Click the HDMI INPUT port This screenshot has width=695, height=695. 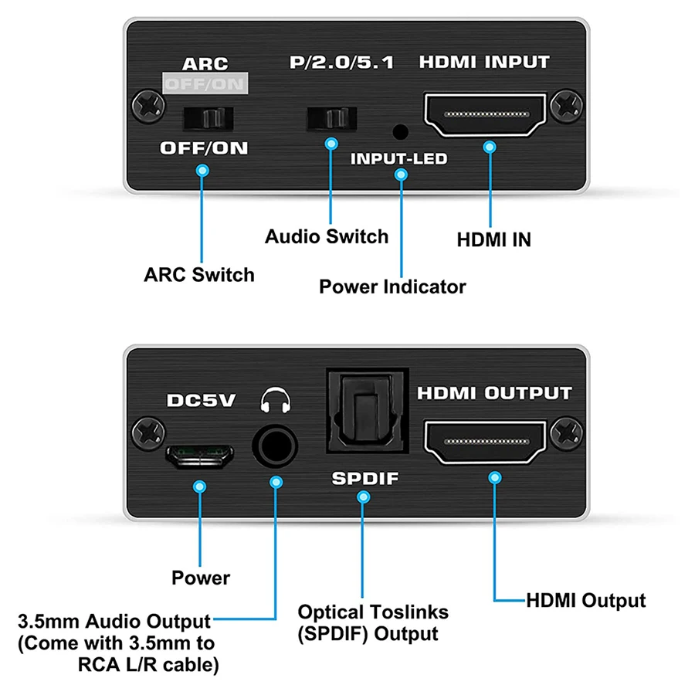tap(484, 114)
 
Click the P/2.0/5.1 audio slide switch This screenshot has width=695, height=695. tap(332, 117)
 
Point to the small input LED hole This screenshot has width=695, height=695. tap(400, 132)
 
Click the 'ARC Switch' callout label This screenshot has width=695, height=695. tap(199, 274)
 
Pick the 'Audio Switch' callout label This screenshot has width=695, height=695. tap(327, 236)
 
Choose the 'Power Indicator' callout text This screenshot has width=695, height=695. tap(392, 286)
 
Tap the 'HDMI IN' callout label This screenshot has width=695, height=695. tap(493, 239)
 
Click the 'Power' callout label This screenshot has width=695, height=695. tap(200, 577)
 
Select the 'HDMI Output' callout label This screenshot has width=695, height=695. tap(585, 600)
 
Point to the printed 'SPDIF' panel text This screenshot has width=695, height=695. tap(364, 479)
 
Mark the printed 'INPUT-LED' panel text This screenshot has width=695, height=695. tap(399, 159)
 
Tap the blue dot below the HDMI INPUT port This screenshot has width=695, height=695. tap(489, 146)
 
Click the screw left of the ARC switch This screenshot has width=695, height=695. tap(144, 103)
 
